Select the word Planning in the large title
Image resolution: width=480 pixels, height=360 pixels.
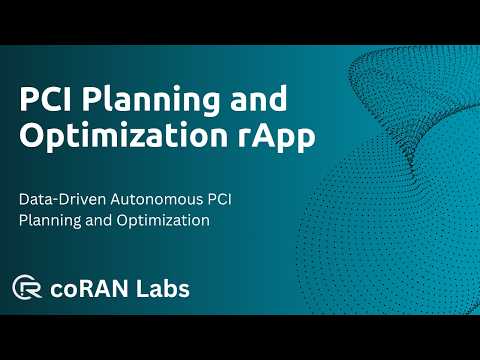(151, 100)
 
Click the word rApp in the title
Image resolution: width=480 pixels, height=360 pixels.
(277, 136)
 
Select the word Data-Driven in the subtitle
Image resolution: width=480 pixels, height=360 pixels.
(63, 199)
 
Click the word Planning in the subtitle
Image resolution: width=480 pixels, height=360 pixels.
(50, 221)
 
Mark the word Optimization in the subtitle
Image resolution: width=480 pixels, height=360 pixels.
(163, 221)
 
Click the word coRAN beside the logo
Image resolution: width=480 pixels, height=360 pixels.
(89, 289)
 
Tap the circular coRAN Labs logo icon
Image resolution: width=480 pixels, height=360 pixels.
(27, 287)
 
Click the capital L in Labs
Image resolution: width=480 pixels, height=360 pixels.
(142, 288)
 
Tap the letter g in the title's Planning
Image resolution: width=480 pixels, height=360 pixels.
(209, 104)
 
